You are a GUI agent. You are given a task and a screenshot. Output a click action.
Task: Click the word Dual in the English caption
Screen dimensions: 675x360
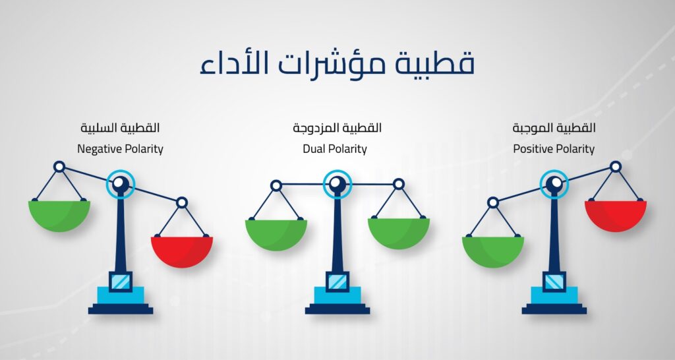tap(312, 149)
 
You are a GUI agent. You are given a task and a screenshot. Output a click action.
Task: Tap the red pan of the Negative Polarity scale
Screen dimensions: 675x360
tap(182, 252)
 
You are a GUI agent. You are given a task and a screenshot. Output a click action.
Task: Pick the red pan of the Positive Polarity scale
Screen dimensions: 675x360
tap(616, 216)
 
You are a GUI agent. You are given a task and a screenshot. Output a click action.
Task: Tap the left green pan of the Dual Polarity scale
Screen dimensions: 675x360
tap(276, 235)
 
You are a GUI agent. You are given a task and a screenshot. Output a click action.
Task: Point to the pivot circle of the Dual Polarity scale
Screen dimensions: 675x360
tap(337, 184)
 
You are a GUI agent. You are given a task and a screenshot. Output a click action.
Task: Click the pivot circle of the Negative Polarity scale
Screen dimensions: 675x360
tap(121, 184)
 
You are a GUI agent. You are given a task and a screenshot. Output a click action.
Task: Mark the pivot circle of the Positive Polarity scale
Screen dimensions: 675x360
tap(554, 184)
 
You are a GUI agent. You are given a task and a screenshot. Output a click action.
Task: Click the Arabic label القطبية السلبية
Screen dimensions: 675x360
tap(120, 128)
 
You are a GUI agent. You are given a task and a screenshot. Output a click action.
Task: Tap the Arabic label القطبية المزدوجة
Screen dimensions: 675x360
tap(337, 128)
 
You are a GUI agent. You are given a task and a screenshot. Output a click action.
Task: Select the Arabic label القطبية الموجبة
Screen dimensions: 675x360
tap(554, 128)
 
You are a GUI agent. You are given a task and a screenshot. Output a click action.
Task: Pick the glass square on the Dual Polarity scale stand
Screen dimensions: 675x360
tap(337, 282)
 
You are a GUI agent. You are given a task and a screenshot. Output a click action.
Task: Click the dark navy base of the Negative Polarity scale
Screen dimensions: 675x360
tap(121, 309)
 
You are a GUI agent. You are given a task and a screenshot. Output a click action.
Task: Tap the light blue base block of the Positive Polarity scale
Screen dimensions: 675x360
tap(554, 295)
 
